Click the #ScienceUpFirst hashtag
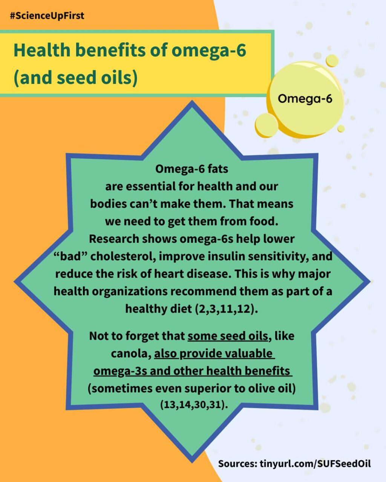(47, 16)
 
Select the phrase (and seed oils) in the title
(76, 78)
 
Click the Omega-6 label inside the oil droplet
(305, 99)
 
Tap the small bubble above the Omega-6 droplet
(332, 61)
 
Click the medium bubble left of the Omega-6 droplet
(267, 125)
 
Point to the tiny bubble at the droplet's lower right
(341, 128)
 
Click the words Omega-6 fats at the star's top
(192, 169)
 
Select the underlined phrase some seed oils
(228, 336)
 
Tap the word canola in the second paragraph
(131, 354)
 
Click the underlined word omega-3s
(120, 371)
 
